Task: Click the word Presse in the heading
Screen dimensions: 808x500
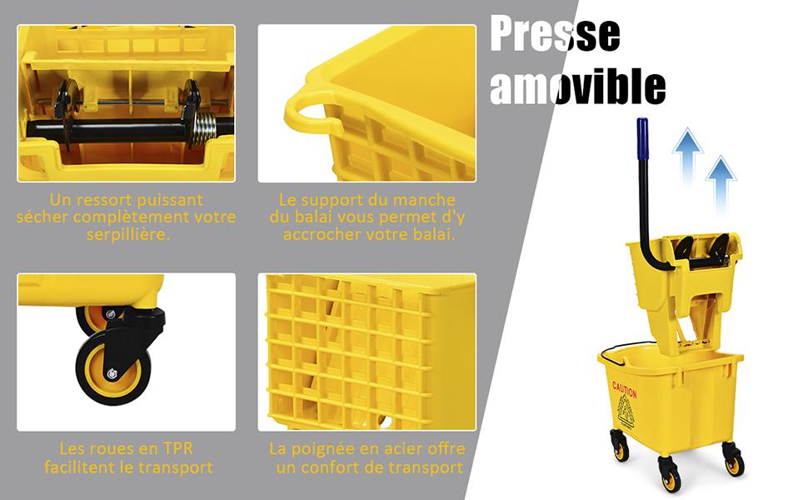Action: [x=555, y=34]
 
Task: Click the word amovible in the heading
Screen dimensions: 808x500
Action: [x=577, y=86]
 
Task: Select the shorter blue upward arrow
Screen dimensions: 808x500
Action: [x=721, y=186]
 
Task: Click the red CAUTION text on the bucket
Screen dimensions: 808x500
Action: [x=624, y=389]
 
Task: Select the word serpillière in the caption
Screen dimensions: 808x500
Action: [x=127, y=234]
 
